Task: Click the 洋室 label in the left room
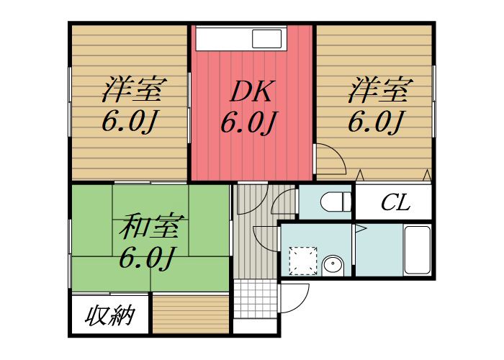130,91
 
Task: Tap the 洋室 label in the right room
380,91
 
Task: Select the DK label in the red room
248,91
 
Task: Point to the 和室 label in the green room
146,227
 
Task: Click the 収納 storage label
111,316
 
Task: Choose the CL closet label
395,202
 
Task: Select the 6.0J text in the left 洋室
130,122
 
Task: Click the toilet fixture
334,202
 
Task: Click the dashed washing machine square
302,260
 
